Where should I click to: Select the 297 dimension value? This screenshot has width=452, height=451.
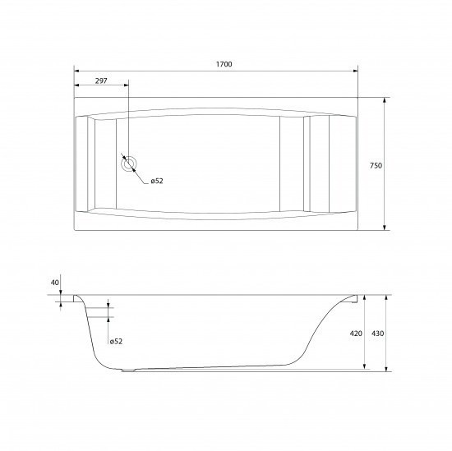click(102, 81)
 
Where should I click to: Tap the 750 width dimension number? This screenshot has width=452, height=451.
click(376, 165)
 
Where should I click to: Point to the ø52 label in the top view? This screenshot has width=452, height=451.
click(156, 182)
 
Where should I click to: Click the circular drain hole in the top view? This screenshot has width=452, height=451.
click(129, 163)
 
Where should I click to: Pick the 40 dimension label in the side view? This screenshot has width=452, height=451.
click(55, 283)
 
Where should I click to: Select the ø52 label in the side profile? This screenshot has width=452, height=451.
click(116, 341)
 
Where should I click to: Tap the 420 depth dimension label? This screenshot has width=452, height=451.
click(356, 334)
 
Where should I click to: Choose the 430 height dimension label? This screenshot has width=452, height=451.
click(377, 334)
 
